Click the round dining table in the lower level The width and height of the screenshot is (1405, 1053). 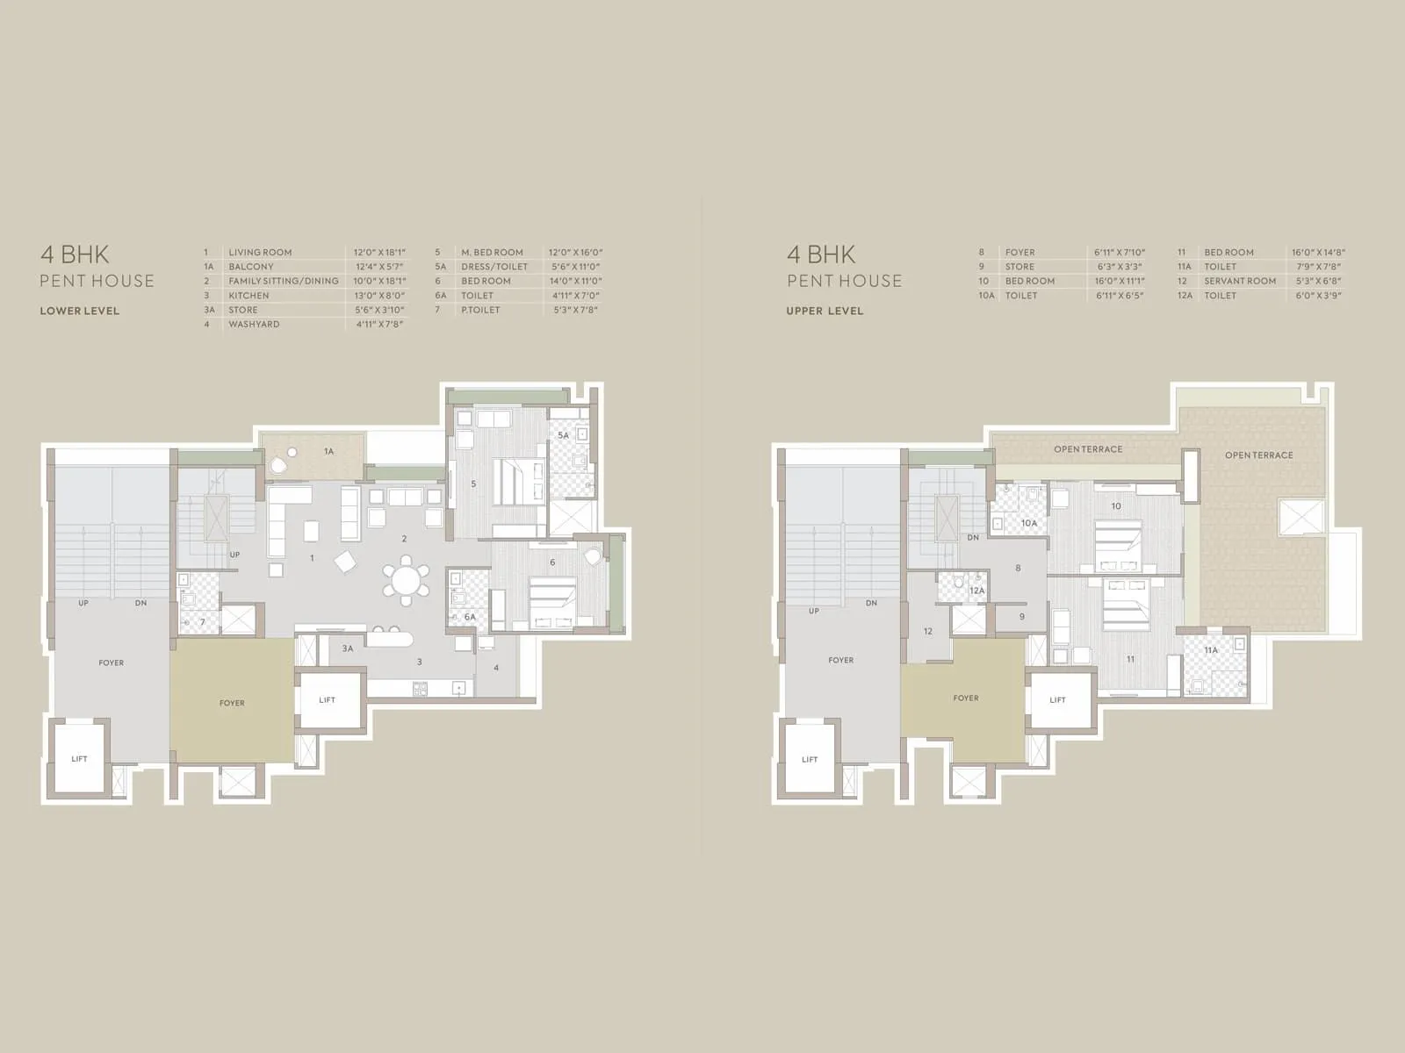coord(406,580)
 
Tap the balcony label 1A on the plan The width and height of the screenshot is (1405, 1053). coord(328,452)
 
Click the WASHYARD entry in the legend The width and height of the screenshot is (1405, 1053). coord(254,325)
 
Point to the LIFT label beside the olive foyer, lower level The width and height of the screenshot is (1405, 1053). coord(328,700)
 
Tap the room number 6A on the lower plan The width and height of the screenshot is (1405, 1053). coord(470,618)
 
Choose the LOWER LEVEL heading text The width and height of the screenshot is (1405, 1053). coord(79,311)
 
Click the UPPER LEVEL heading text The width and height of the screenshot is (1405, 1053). coord(825,311)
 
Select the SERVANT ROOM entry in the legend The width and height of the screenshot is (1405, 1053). coord(1240,281)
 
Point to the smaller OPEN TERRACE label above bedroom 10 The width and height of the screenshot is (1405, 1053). coord(1088,449)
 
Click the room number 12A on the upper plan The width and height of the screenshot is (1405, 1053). coord(976,591)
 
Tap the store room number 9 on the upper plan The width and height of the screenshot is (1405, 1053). coord(1022,617)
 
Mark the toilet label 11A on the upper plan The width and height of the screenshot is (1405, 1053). coord(1211,650)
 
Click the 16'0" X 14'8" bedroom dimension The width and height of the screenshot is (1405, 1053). coord(1318,253)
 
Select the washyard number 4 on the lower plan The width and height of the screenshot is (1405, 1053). coord(496,668)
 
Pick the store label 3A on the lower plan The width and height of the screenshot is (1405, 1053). coord(348,648)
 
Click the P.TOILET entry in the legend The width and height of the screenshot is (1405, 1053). coord(480,310)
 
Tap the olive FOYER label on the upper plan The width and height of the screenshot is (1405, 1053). coord(965,698)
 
